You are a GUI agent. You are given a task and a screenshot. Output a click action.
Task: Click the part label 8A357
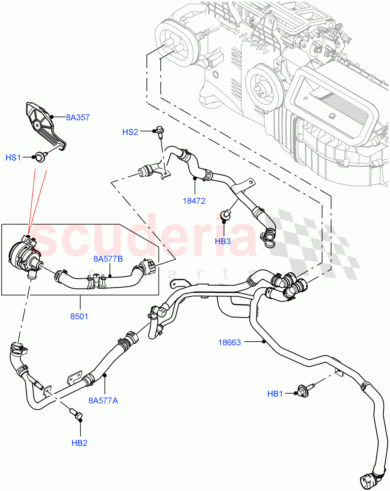pos(78,117)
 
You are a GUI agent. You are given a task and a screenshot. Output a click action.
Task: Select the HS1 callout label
pos(13,158)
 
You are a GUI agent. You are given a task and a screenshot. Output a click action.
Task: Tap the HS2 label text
pos(130,132)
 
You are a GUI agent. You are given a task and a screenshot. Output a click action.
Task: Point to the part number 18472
pos(194,201)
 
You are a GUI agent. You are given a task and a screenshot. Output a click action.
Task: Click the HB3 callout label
pos(223,241)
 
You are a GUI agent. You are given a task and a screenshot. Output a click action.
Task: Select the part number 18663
pos(229,342)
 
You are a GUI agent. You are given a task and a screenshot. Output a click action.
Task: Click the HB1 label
pos(275,394)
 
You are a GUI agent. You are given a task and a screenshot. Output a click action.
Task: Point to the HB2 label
pos(79,443)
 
